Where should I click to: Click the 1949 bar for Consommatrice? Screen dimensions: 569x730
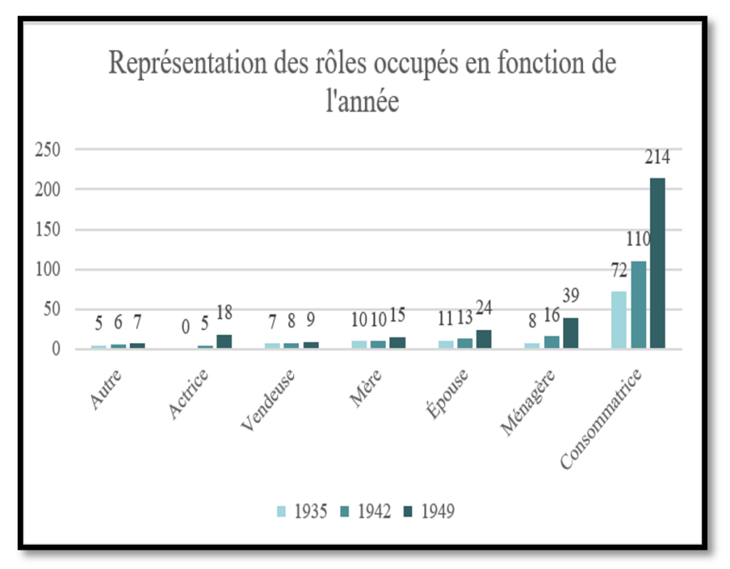pos(657,263)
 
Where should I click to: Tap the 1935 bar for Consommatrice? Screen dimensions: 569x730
pos(619,320)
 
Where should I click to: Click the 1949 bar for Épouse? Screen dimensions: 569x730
pos(483,339)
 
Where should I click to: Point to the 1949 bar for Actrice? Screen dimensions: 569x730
pos(224,342)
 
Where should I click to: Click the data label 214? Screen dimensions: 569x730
pos(657,157)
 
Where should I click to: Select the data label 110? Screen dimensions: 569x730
pos(639,239)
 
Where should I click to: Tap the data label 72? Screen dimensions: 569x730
pos(618,270)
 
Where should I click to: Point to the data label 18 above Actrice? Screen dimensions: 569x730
pos(224,312)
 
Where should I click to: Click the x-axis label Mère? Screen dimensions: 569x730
pos(366,387)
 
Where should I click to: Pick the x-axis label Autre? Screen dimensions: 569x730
pos(106,389)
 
